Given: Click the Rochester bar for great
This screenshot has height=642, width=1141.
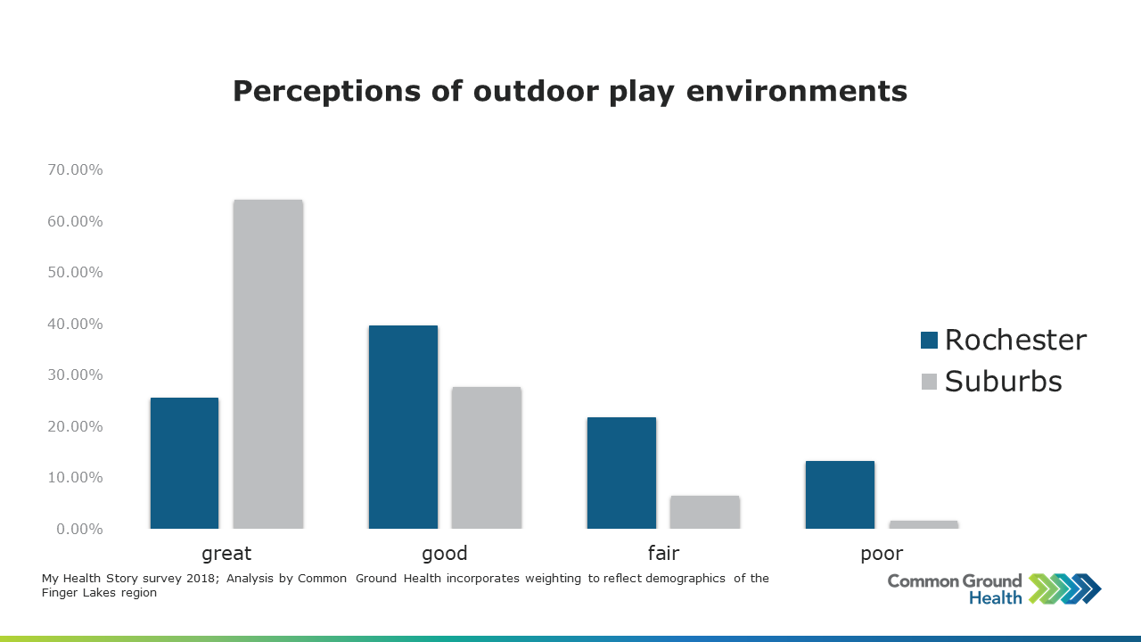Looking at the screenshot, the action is coord(185,463).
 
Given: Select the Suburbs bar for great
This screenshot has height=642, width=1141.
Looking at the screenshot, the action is coord(268,365).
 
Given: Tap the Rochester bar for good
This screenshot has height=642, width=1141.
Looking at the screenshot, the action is coord(403,427).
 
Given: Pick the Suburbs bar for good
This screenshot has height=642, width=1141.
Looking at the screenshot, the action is coord(487,458).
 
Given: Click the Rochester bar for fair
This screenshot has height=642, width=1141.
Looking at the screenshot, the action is coord(621,473).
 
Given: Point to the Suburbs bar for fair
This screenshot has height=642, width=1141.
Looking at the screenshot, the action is coord(705,513).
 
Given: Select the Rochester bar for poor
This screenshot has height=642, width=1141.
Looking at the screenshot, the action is coord(840,495).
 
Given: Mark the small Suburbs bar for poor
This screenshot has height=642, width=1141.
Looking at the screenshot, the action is coord(923,525).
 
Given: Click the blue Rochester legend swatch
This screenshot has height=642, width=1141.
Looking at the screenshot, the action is coord(929,341).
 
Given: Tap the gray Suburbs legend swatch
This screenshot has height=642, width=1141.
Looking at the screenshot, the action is coord(929,382).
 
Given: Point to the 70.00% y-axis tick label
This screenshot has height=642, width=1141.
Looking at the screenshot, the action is coord(75,169).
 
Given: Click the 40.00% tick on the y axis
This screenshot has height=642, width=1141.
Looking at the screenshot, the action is coord(75,324).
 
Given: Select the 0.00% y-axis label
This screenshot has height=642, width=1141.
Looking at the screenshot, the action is coord(79,530).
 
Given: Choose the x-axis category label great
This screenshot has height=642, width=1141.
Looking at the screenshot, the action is coord(226,554).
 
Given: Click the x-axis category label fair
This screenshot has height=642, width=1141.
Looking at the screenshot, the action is coord(663,553).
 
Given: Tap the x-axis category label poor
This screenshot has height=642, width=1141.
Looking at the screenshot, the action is coord(882,554).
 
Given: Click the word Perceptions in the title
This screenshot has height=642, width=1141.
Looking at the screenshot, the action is coord(326,92).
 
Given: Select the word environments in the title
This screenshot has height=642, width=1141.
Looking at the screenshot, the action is coord(797,91).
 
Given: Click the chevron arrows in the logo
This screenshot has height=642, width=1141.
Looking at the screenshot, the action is coord(1064,589).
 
